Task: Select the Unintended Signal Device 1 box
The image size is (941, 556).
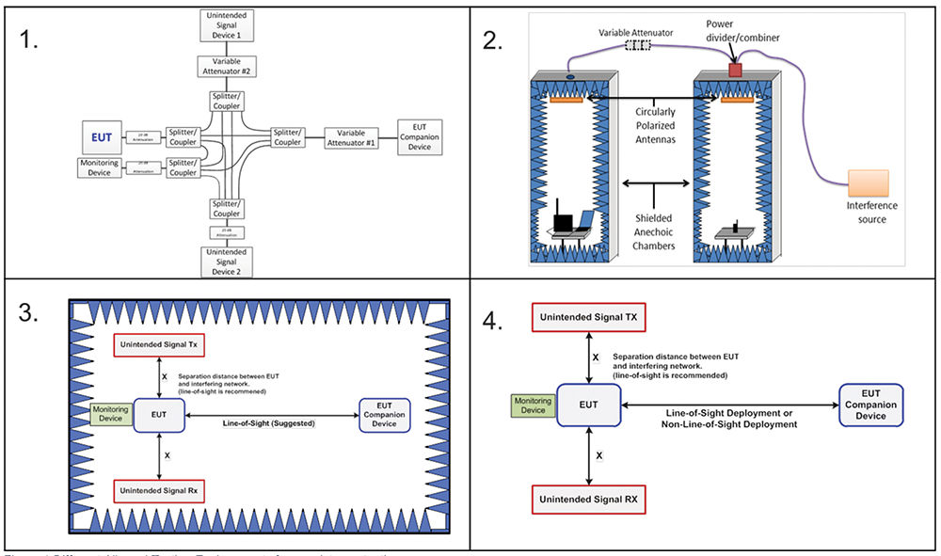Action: point(227,24)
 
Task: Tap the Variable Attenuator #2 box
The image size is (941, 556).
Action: point(227,66)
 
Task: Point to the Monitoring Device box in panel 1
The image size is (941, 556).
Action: point(99,167)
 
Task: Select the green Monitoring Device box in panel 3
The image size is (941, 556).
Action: point(109,415)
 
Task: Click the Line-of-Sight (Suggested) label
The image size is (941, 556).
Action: point(270,424)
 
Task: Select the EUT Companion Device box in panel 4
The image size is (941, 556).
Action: point(870,405)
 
